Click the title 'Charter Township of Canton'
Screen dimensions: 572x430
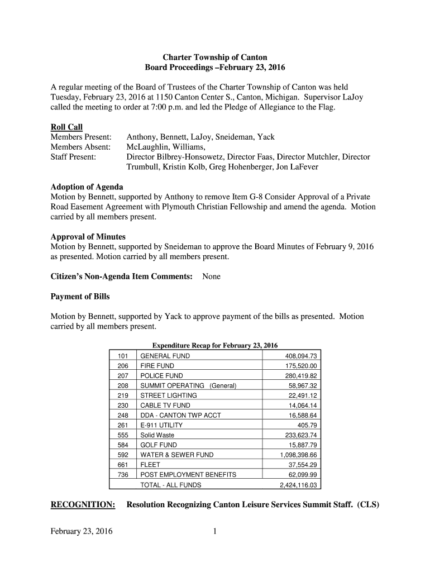pos(214,58)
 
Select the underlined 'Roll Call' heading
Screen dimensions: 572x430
pos(66,127)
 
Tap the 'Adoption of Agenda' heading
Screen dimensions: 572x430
pos(87,187)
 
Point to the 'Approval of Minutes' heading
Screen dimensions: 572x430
pos(88,237)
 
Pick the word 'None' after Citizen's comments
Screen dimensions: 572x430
pos(211,277)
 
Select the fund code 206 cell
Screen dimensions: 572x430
pos(123,366)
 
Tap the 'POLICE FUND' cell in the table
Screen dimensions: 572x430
pos(161,376)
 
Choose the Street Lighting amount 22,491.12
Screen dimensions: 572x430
pos(302,395)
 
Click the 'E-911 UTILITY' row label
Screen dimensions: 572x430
pos(161,425)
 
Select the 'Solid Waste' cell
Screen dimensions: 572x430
pos(157,435)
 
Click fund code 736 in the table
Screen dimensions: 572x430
pos(123,475)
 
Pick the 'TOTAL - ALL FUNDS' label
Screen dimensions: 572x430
pos(170,485)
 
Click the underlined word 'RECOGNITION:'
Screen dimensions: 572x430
pos(83,505)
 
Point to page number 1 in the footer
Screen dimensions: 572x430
pos(214,531)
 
